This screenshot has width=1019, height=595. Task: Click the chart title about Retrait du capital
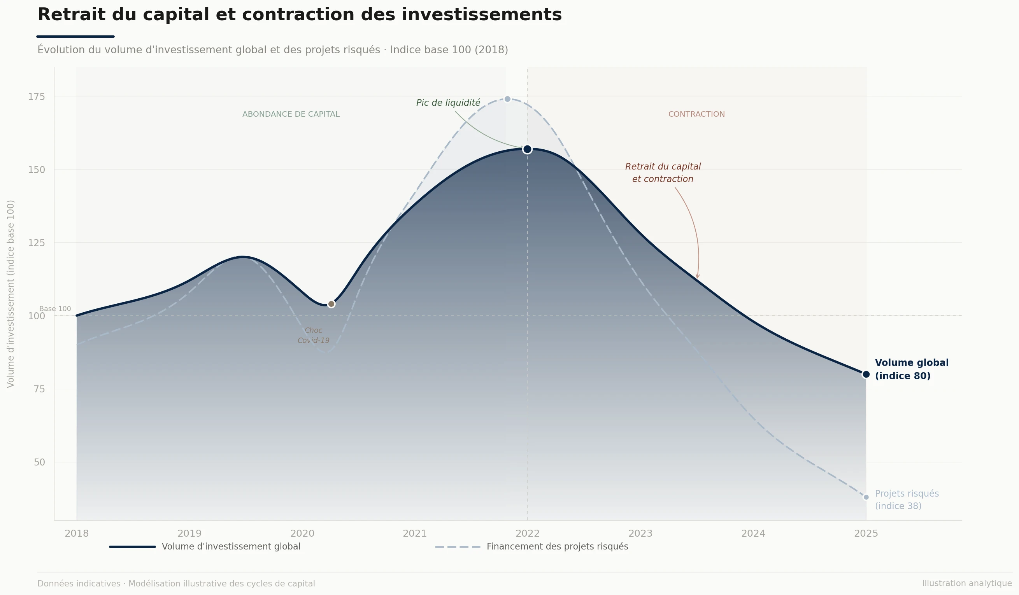[299, 15]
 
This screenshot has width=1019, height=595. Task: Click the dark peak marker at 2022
[527, 150]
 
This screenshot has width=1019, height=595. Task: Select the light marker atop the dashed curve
[507, 99]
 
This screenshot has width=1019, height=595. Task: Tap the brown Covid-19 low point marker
[331, 304]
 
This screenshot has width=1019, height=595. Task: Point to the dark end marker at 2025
[866, 374]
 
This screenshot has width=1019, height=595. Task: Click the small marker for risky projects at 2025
[866, 497]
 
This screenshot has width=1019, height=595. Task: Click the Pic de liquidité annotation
[448, 103]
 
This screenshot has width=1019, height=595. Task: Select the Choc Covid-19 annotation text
[313, 336]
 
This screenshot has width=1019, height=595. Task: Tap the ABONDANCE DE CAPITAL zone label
[291, 114]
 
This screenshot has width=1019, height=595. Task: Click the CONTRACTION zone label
[696, 114]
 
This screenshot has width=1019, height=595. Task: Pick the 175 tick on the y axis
[37, 96]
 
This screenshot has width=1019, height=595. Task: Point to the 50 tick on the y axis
[39, 462]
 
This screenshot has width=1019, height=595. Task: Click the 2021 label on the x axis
[414, 534]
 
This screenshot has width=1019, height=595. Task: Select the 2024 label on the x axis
[753, 534]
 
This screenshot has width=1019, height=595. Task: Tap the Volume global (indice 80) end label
[912, 369]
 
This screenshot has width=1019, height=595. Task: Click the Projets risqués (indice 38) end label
[907, 500]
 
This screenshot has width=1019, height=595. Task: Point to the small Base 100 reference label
[55, 309]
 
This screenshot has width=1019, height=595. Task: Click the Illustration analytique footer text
[966, 583]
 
